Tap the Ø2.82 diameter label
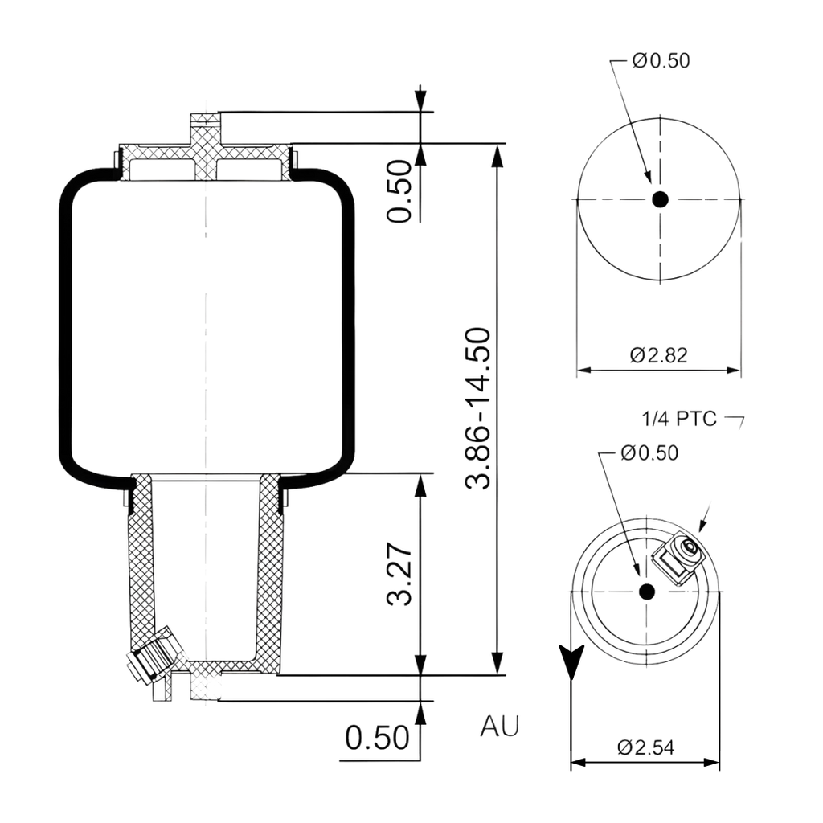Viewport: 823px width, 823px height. (x=659, y=355)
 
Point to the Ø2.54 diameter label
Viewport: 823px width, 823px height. (x=645, y=747)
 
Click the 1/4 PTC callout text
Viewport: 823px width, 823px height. (x=679, y=419)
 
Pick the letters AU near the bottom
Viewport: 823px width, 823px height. (x=500, y=726)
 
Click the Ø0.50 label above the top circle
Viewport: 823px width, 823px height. (x=661, y=61)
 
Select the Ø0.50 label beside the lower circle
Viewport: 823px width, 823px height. (x=649, y=453)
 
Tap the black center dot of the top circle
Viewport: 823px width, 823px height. (x=660, y=200)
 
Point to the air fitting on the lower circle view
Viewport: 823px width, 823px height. (x=680, y=556)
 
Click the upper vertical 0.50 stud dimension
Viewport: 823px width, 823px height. (x=399, y=190)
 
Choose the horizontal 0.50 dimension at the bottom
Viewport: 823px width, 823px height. (x=377, y=737)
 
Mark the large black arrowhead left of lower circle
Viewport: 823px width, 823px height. (x=571, y=659)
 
